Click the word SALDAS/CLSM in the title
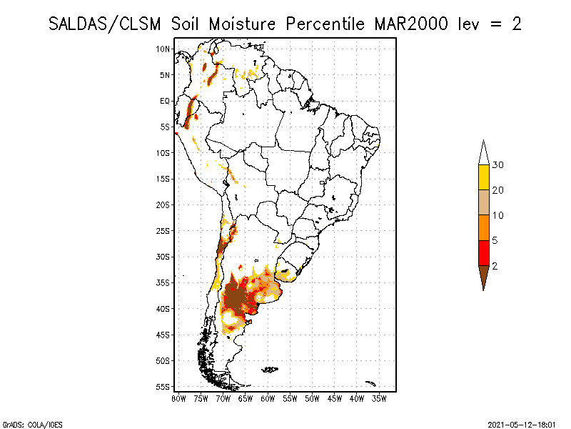click(107, 24)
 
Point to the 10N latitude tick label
click(163, 49)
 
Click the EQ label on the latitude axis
click(165, 102)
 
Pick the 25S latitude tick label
click(163, 231)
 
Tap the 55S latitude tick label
click(163, 387)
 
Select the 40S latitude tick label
click(163, 309)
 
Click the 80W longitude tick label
click(178, 398)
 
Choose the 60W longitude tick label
click(268, 398)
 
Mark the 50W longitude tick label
click(312, 398)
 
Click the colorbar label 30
click(498, 165)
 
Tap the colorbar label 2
click(495, 266)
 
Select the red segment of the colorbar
click(483, 253)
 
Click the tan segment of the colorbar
click(483, 202)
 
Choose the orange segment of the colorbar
click(483, 228)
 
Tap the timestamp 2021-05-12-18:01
click(522, 424)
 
